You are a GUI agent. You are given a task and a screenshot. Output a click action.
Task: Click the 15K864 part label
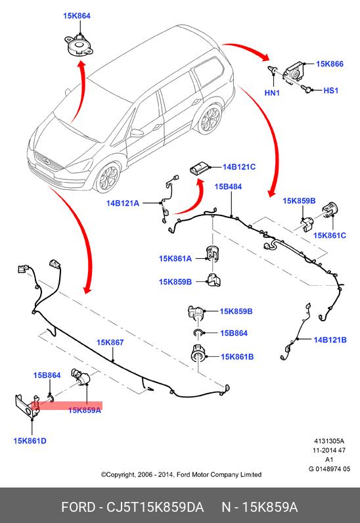(77, 16)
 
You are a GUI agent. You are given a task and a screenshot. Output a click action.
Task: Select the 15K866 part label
(330, 64)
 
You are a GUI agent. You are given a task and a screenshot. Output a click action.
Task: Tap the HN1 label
(272, 93)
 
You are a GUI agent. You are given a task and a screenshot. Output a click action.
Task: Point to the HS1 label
(331, 91)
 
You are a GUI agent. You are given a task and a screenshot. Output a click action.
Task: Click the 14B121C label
(239, 167)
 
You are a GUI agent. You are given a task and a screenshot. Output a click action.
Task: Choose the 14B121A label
(122, 203)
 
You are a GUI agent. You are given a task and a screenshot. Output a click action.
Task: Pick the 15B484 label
(228, 187)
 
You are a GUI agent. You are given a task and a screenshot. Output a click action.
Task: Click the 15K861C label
(330, 235)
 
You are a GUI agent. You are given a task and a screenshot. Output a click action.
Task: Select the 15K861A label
(175, 258)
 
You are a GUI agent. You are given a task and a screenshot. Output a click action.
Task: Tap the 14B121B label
(330, 340)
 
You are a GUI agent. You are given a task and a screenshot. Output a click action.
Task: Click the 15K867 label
(110, 342)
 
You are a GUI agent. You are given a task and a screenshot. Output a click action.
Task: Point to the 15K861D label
(30, 441)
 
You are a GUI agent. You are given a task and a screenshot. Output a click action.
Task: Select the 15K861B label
(237, 357)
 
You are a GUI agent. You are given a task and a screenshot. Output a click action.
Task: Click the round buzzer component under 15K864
(78, 46)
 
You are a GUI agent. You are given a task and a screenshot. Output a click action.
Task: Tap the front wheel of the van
(107, 177)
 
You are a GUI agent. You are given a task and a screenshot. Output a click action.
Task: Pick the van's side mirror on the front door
(137, 133)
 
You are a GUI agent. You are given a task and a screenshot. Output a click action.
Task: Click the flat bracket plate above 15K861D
(27, 406)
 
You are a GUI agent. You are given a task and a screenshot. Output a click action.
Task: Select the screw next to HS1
(307, 89)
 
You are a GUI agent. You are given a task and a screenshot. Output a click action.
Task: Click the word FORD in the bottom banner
(78, 507)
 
